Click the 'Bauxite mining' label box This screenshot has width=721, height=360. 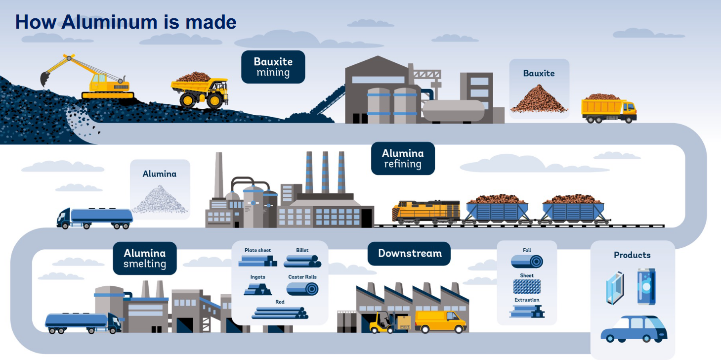(x=273, y=67)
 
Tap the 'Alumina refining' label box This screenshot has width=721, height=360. (x=402, y=158)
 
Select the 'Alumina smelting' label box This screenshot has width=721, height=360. (x=144, y=258)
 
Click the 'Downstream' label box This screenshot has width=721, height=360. (x=409, y=253)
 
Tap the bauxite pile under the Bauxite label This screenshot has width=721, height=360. (x=539, y=99)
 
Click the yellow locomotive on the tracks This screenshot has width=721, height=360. (x=425, y=211)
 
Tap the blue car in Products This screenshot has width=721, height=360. (x=634, y=329)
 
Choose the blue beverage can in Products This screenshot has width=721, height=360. (x=646, y=286)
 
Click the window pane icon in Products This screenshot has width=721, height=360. (x=615, y=287)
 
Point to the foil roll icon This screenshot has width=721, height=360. (x=527, y=261)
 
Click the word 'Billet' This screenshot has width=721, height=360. (x=302, y=250)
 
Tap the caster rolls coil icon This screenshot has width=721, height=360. (x=302, y=289)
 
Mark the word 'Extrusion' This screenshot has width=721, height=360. (x=527, y=300)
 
